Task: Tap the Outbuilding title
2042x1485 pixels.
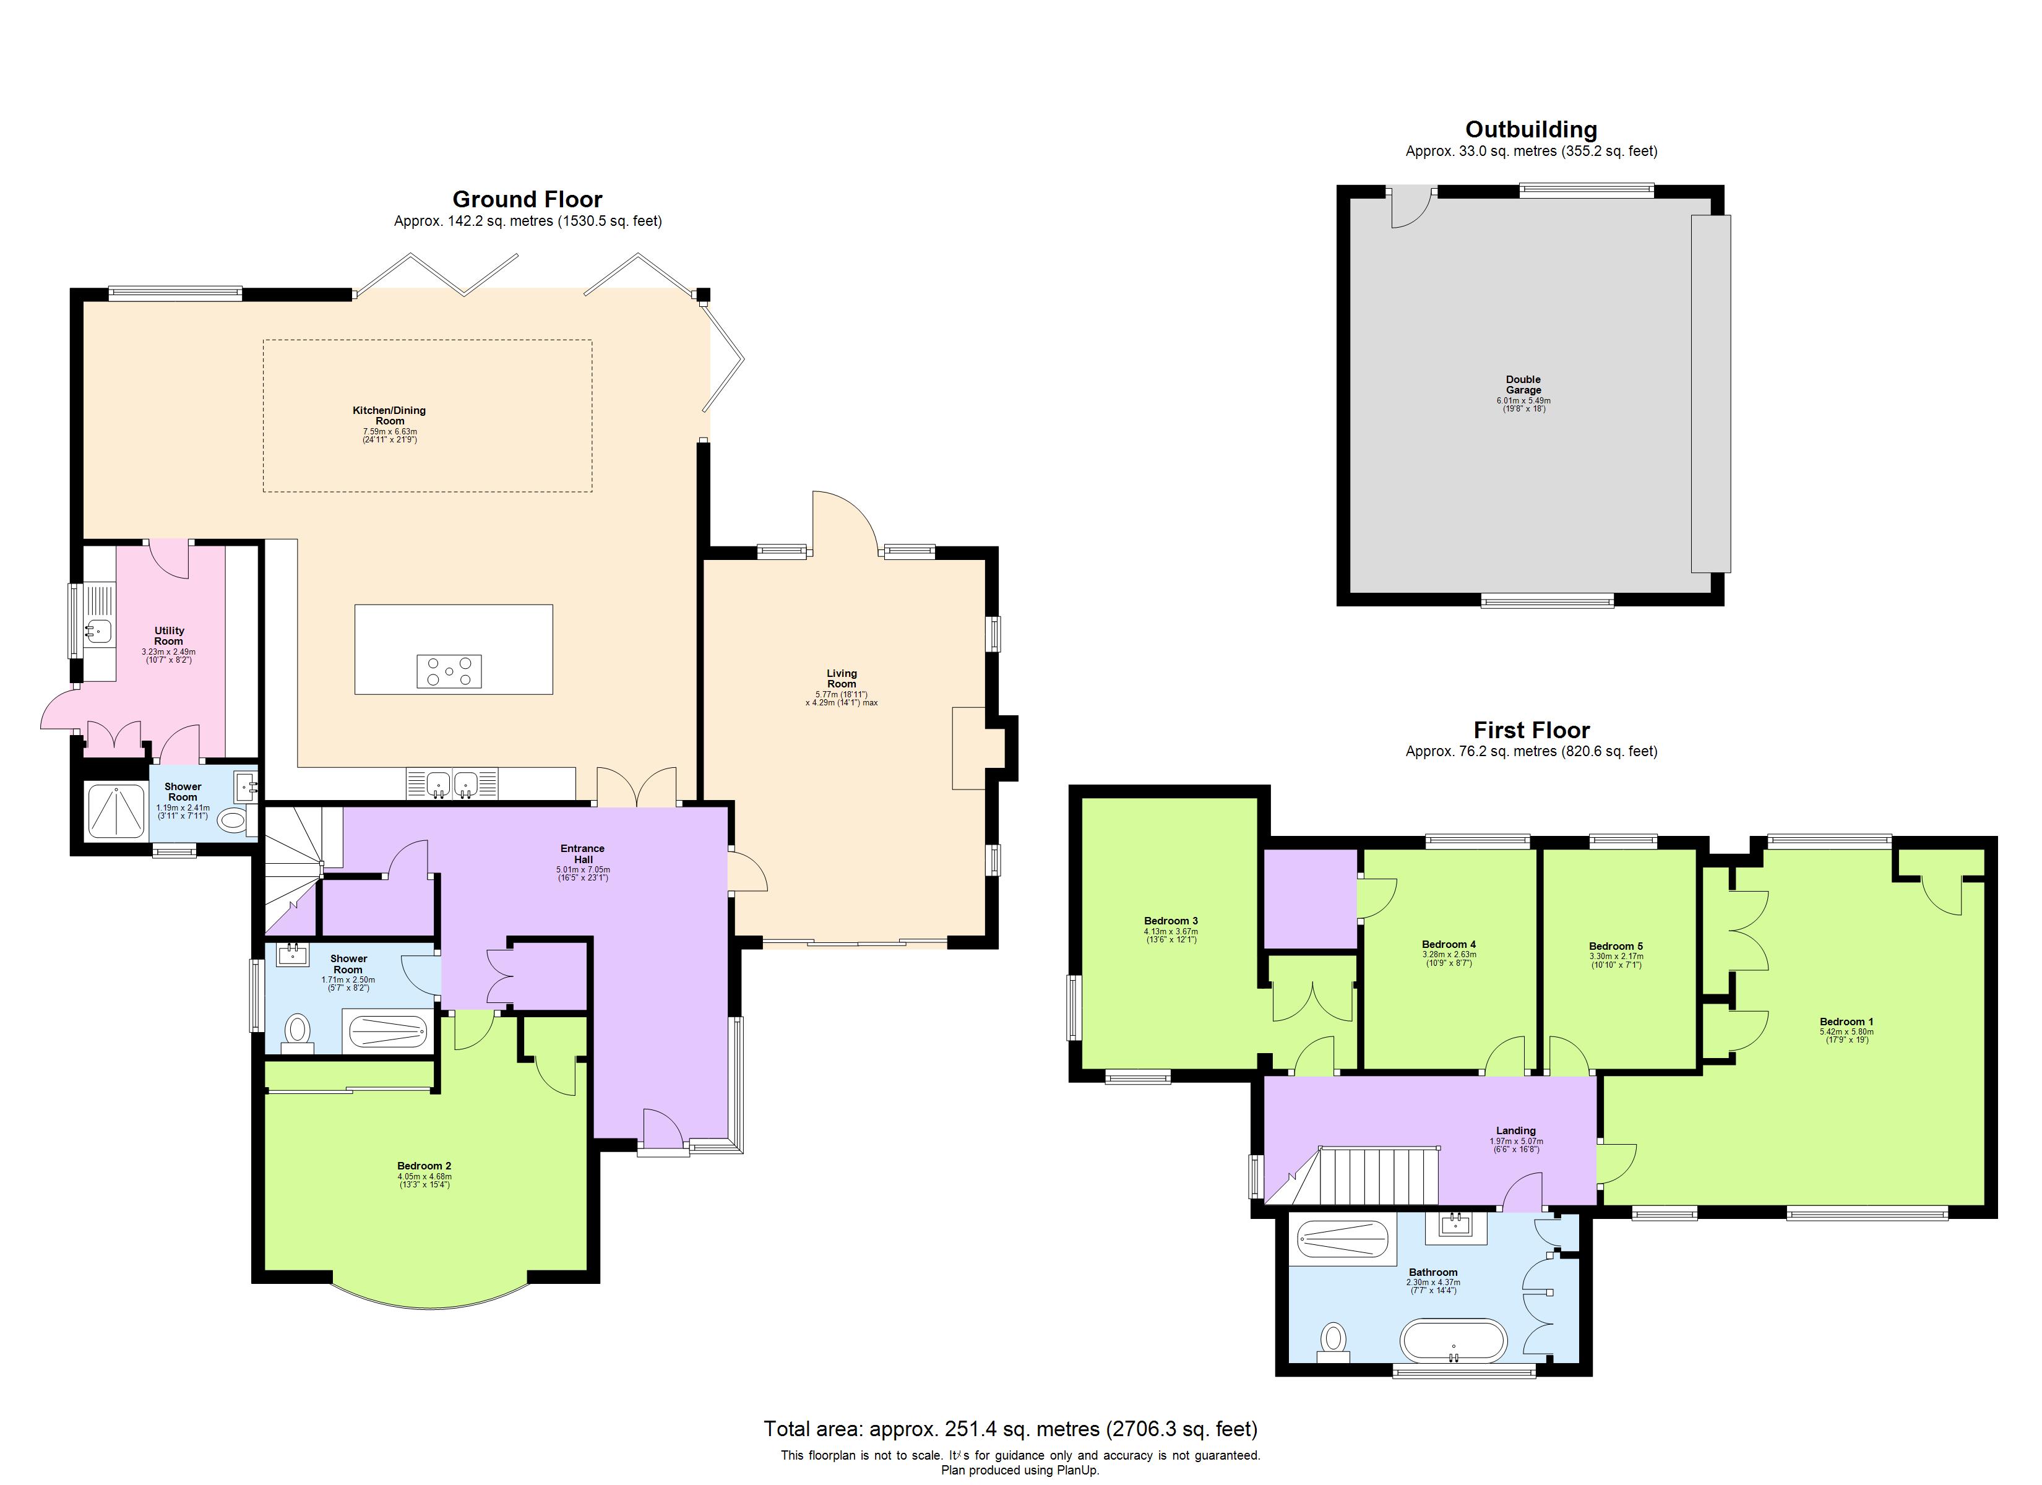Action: click(x=1531, y=130)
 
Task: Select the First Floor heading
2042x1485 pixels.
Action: click(x=1531, y=730)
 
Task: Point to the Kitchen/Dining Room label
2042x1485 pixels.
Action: click(x=389, y=416)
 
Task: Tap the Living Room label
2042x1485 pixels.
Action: click(x=841, y=679)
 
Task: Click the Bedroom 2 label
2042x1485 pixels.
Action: click(x=424, y=1166)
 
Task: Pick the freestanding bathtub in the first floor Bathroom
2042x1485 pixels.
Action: click(x=1452, y=1341)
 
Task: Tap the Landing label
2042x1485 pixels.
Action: click(x=1515, y=1131)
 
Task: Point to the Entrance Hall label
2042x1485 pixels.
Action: click(x=582, y=854)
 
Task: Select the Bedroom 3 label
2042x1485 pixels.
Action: click(x=1171, y=921)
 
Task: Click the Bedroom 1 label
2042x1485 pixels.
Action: click(x=1846, y=1022)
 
